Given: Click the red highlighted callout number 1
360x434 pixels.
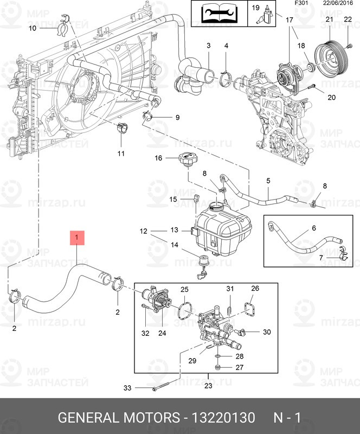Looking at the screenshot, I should click(76, 238).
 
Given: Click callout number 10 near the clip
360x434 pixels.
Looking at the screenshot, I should click(32, 28).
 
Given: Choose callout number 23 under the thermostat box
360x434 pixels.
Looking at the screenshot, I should click(209, 386).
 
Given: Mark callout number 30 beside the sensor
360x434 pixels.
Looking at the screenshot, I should click(266, 332).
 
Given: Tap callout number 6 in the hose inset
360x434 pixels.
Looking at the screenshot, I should click(313, 228).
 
